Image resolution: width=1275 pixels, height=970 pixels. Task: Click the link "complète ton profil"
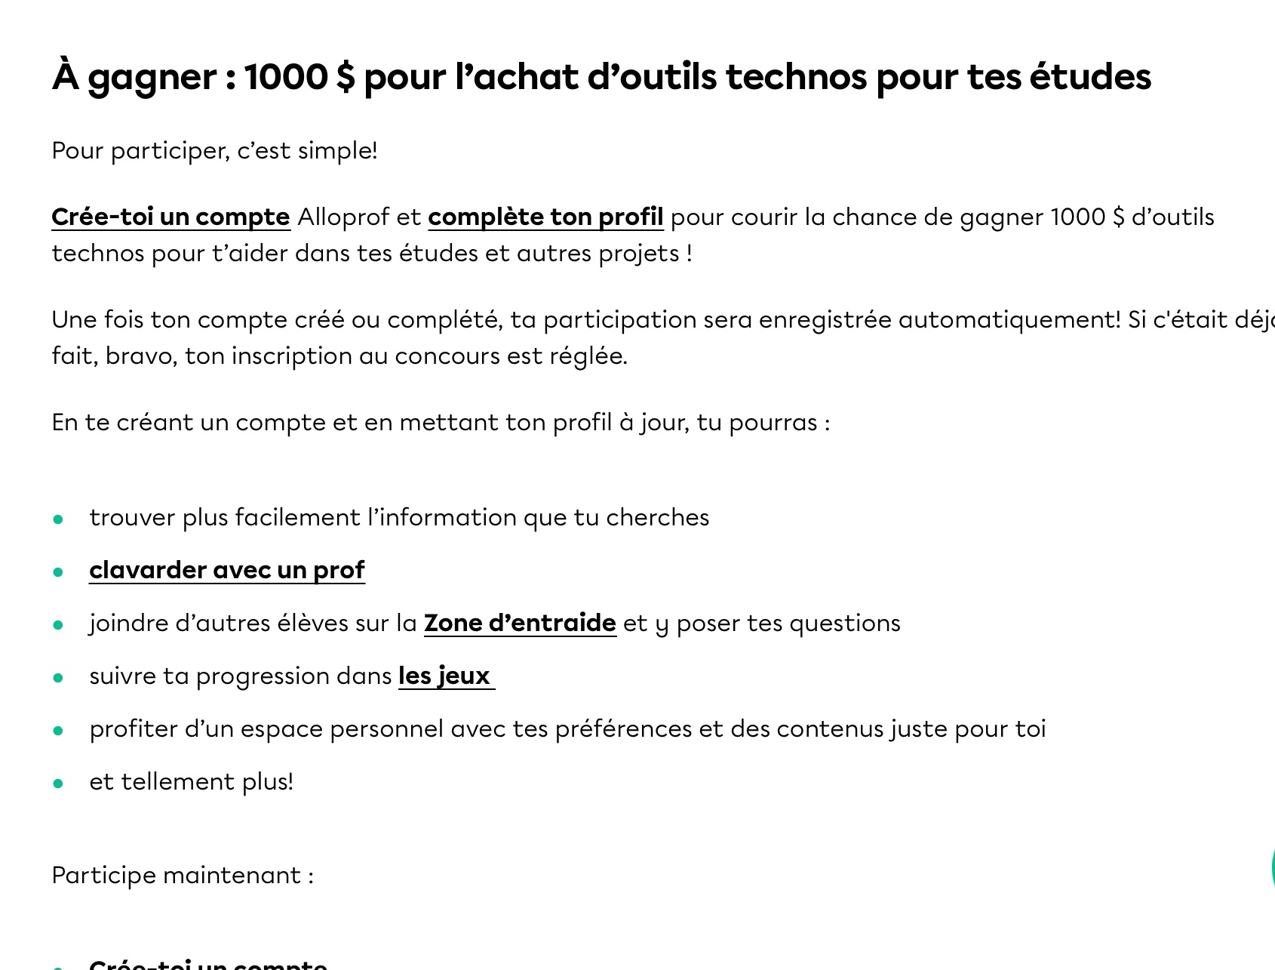click(x=545, y=217)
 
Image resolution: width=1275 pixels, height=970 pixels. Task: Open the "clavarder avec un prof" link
click(x=226, y=570)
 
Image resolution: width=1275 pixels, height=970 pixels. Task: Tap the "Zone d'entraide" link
click(x=520, y=624)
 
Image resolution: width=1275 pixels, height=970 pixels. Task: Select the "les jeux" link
click(x=444, y=676)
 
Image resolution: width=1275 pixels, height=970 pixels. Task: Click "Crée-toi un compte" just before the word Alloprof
click(x=171, y=217)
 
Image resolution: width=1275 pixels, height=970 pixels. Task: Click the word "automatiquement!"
click(x=1009, y=320)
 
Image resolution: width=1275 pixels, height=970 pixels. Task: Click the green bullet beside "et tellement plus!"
click(x=58, y=783)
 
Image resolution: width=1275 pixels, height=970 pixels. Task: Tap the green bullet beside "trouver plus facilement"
click(x=58, y=519)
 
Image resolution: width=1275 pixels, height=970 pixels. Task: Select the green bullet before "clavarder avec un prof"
click(x=58, y=571)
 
